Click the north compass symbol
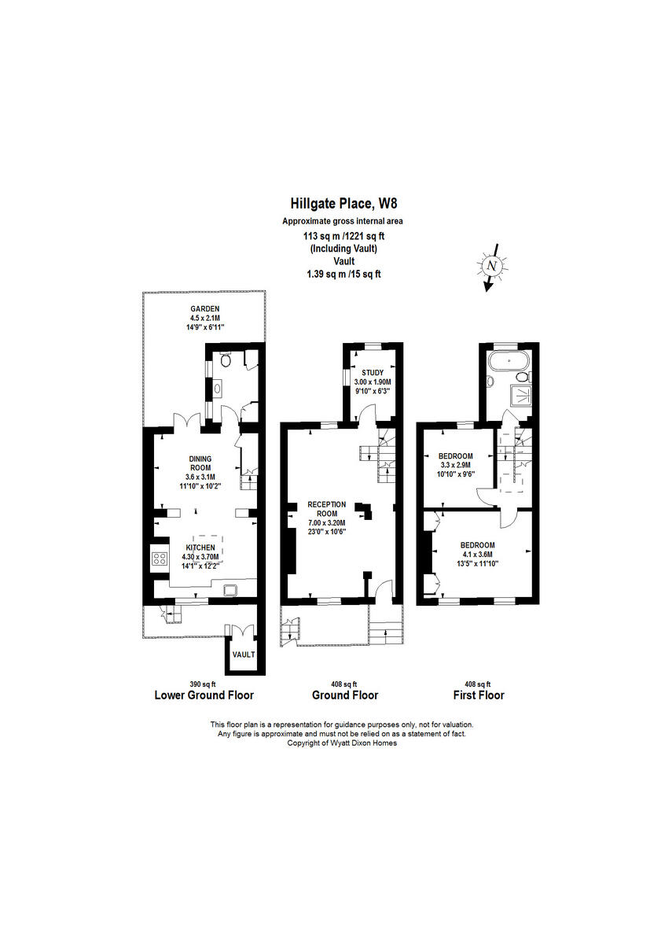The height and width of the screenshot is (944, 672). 492,267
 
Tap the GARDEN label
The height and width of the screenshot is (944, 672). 204,308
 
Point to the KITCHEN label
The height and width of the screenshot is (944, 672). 200,548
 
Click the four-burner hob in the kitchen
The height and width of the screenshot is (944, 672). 160,559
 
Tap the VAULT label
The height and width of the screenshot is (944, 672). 243,655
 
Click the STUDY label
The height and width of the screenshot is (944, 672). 372,373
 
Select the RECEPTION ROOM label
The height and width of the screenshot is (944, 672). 326,509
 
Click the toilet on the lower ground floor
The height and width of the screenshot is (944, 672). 226,362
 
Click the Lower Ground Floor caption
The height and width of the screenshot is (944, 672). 204,695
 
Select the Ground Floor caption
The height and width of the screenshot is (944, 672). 345,695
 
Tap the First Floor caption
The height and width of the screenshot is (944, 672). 479,695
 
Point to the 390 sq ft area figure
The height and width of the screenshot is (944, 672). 202,684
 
